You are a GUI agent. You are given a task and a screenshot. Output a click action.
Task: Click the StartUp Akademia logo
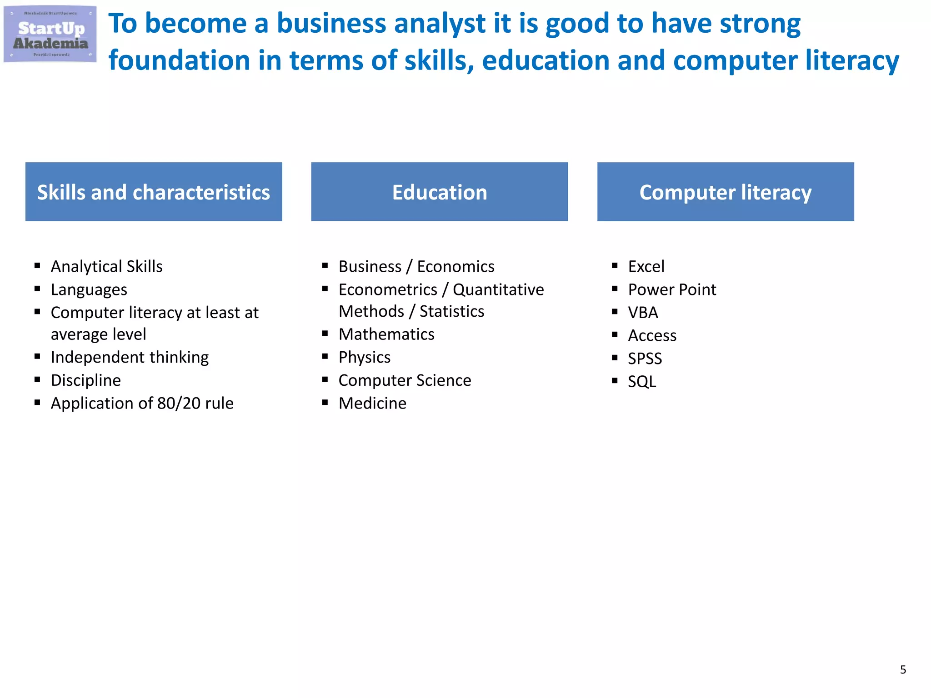coord(50,35)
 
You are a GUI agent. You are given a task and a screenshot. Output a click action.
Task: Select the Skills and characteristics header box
coord(154,192)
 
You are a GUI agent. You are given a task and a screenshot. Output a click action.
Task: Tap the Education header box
coord(439,192)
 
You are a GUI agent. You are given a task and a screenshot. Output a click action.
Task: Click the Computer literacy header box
coord(725,192)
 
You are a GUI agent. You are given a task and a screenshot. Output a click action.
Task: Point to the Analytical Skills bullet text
coord(106,266)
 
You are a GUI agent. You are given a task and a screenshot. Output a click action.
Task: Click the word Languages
coord(89,290)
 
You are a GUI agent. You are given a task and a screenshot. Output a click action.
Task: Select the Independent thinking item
coord(130,357)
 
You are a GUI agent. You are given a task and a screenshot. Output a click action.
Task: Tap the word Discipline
coord(85,380)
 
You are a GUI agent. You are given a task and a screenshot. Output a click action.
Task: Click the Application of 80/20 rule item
coord(142,404)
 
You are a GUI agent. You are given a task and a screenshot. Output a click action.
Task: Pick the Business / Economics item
coord(416,266)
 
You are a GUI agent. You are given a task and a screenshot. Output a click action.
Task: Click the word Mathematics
coord(386,334)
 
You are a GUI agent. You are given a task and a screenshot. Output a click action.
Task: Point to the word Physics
coord(364,358)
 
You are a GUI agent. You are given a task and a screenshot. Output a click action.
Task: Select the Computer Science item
coord(405,380)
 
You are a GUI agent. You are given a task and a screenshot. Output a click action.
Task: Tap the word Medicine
coord(372,404)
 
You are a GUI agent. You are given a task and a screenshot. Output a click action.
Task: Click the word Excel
coord(646,266)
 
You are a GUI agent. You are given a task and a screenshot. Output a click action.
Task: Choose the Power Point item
coord(672,289)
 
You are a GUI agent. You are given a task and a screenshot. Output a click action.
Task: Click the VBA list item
coord(643,313)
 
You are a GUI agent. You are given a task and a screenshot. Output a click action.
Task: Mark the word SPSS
coord(645,359)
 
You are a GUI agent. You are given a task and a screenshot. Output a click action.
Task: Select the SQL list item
coord(642,382)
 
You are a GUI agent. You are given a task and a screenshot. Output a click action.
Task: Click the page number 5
coord(903,669)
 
